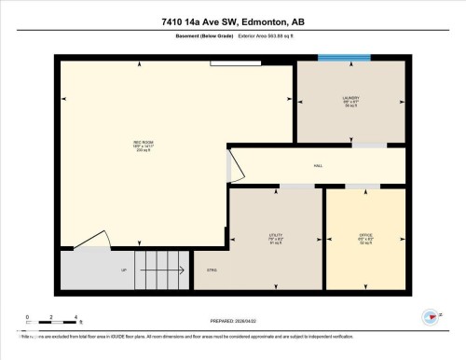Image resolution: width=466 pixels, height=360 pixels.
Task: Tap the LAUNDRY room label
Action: (x=349, y=100)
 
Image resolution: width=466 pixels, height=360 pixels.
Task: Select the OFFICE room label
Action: (x=365, y=237)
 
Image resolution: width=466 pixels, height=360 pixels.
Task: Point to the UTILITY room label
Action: (x=276, y=238)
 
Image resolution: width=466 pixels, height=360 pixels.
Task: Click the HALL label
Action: (x=317, y=166)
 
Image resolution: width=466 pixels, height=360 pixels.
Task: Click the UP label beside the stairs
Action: (x=124, y=270)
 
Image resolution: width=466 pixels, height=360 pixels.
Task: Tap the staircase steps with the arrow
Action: (x=158, y=270)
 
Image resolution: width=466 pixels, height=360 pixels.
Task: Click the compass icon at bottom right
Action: (x=432, y=318)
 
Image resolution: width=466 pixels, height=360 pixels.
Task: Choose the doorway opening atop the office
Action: (x=356, y=187)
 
